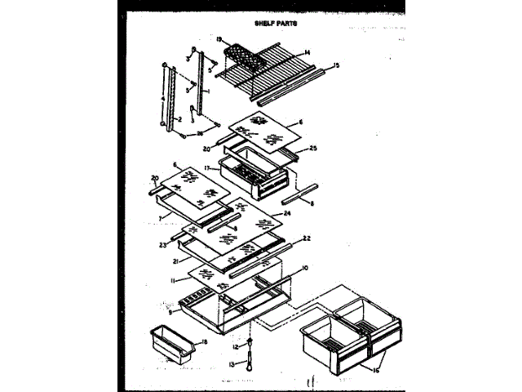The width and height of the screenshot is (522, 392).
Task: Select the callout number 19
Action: click(x=219, y=38)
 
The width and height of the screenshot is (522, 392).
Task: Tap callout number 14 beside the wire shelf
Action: click(x=307, y=53)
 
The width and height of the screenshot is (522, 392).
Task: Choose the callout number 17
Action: click(x=208, y=167)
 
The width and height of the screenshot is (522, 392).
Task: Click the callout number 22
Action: click(x=307, y=238)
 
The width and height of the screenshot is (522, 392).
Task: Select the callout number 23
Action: click(x=163, y=243)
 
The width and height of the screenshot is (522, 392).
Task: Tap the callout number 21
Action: click(x=175, y=261)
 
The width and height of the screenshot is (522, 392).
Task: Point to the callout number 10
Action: click(x=303, y=268)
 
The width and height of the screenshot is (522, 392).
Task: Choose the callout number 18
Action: click(x=204, y=341)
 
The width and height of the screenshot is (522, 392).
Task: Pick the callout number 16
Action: click(x=375, y=370)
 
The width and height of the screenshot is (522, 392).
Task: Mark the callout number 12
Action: click(x=231, y=346)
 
